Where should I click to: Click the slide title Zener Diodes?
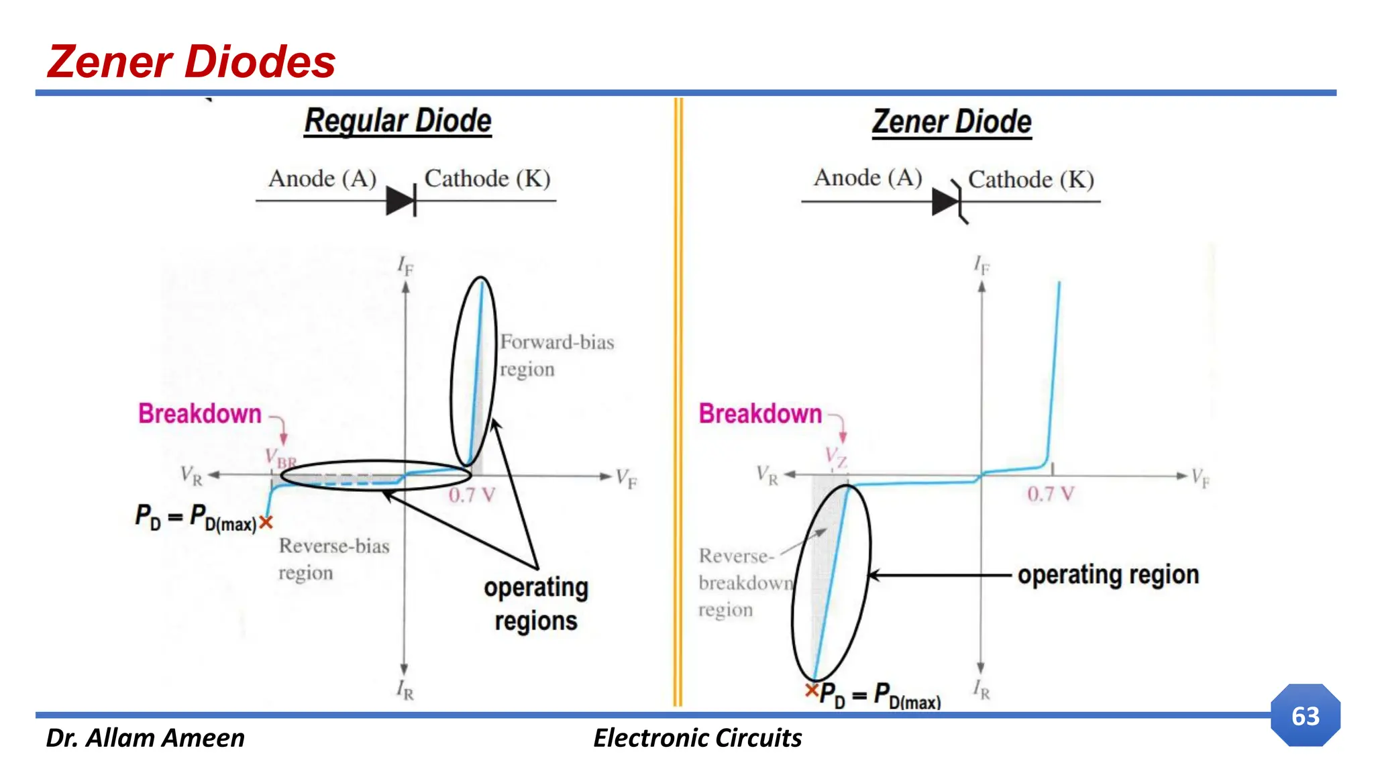coord(191,62)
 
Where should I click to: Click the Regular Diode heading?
coord(398,121)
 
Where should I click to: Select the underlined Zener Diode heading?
coord(951,122)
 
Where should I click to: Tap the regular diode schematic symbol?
coord(403,201)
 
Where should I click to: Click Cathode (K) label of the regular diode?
coord(487,178)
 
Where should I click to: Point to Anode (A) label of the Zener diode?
coord(867,178)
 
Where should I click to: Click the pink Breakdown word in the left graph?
coord(199,413)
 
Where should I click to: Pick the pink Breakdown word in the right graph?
coord(759,413)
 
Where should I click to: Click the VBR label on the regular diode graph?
coord(280,459)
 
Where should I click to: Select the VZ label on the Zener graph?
coord(836,457)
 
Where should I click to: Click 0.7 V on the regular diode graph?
coord(472,495)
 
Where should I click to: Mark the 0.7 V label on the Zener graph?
coord(1050,495)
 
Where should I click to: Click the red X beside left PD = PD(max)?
coord(266,522)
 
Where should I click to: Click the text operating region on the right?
coord(1108,575)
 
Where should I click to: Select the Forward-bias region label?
coord(556,355)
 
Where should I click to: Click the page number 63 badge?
coord(1305,715)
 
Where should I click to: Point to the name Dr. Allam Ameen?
coord(145,738)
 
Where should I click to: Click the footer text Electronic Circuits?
coord(697,738)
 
